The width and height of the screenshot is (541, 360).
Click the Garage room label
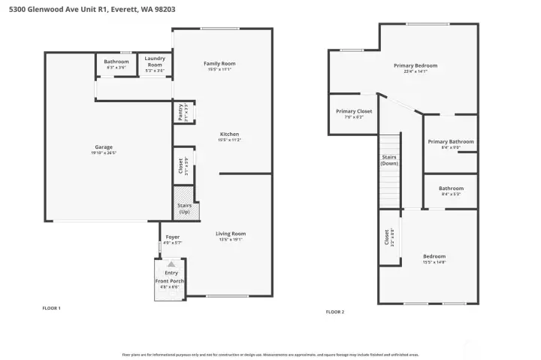coord(104,147)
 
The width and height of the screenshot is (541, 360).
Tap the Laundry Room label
coord(155,62)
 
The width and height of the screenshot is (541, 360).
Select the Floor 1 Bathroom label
coord(116,62)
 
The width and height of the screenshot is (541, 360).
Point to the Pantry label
coord(180,112)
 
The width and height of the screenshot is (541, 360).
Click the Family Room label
coord(219,63)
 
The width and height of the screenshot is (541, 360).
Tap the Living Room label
coord(231,234)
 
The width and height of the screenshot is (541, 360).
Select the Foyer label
coord(173,237)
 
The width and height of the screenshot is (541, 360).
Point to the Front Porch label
coord(170,280)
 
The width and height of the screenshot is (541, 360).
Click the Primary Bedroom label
coord(415,65)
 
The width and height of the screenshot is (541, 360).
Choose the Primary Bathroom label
coord(450,141)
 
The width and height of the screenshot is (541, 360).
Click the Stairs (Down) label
coord(389,160)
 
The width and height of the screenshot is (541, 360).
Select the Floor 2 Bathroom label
coord(451,189)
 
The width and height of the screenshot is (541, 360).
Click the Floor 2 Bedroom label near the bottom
coord(434,256)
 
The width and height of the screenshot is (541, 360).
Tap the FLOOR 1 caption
coord(50,308)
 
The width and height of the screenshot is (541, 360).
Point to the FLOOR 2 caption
coord(334,311)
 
